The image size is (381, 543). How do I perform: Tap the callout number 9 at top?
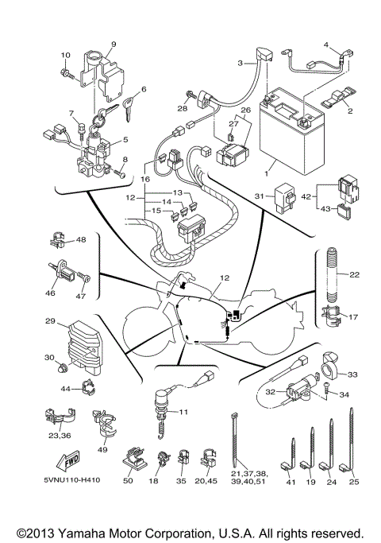click(113, 44)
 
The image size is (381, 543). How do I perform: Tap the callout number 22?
click(354, 275)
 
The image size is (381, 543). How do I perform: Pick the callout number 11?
click(183, 412)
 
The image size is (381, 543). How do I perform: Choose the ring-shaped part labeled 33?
click(329, 371)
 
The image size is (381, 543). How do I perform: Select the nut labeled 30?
click(61, 367)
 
